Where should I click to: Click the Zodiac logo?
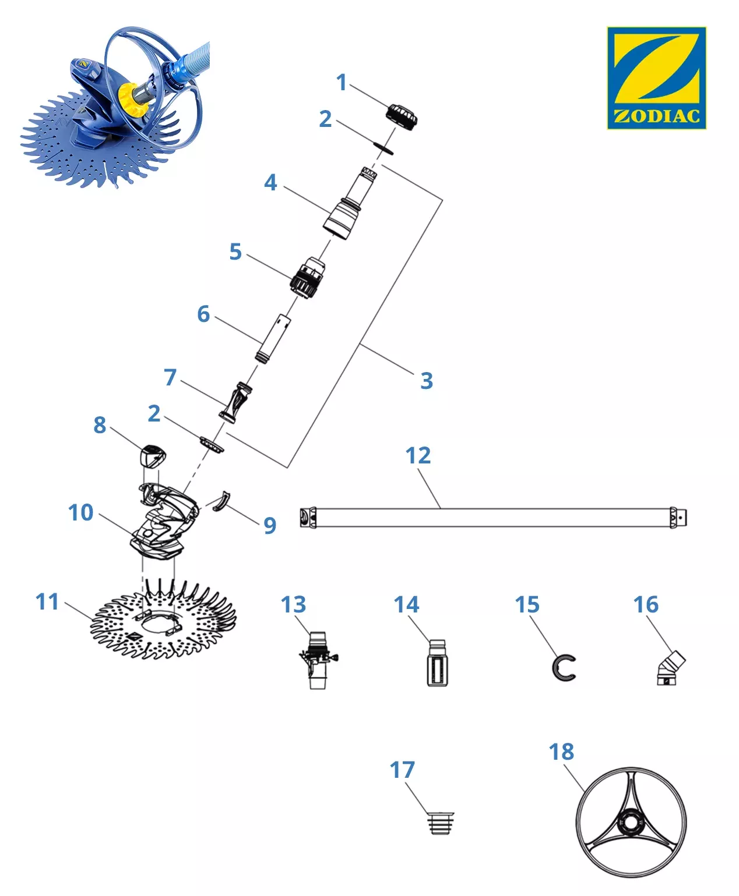coord(656,77)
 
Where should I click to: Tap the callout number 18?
coord(561,752)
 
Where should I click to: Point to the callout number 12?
coord(418,455)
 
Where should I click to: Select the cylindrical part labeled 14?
coord(437,664)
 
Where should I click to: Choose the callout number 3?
coord(426,381)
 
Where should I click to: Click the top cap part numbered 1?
coord(401,116)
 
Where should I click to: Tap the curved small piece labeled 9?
coord(221,502)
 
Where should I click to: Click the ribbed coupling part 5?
coord(307,278)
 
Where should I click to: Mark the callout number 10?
coord(80,512)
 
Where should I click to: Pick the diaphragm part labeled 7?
coord(235,402)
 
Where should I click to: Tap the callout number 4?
coord(270,183)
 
